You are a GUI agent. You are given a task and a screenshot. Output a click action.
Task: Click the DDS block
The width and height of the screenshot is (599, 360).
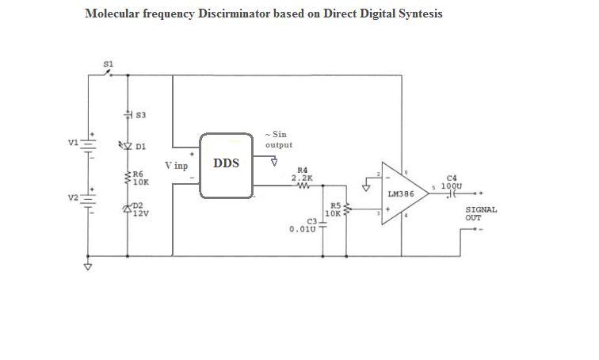click(x=226, y=166)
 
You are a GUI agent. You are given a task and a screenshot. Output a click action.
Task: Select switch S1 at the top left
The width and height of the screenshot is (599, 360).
click(x=109, y=74)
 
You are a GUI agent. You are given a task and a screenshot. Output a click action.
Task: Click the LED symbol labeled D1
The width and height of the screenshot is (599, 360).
click(x=127, y=146)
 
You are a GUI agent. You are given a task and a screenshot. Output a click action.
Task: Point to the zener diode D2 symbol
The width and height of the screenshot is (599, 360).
click(x=128, y=209)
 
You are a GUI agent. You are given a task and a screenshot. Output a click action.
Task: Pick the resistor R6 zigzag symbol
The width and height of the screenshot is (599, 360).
click(x=128, y=178)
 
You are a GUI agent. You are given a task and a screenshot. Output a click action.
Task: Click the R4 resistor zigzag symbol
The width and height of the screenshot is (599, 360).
click(x=303, y=186)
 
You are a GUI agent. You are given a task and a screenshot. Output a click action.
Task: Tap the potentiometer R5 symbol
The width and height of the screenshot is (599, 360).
click(x=347, y=209)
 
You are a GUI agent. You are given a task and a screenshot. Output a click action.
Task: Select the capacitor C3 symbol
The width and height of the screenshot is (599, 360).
click(x=322, y=224)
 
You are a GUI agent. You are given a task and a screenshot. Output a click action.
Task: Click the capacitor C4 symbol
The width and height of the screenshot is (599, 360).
click(x=452, y=193)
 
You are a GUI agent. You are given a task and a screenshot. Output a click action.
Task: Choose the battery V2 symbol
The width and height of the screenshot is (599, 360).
click(x=88, y=201)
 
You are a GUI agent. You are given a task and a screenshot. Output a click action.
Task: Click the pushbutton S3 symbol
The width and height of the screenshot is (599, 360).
click(x=128, y=114)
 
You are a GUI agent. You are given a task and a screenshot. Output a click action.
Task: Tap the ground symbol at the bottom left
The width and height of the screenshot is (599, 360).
click(x=88, y=266)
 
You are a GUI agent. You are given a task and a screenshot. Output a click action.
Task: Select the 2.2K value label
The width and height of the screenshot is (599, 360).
click(x=302, y=178)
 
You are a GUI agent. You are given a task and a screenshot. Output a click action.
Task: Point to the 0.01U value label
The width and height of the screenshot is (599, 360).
click(x=303, y=229)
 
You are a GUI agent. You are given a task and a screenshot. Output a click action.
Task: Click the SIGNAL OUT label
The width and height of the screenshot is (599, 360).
click(x=481, y=213)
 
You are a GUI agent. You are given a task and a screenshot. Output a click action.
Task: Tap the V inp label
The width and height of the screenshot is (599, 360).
click(x=176, y=166)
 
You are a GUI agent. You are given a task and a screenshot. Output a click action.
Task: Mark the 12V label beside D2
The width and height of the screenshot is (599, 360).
click(x=140, y=213)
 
